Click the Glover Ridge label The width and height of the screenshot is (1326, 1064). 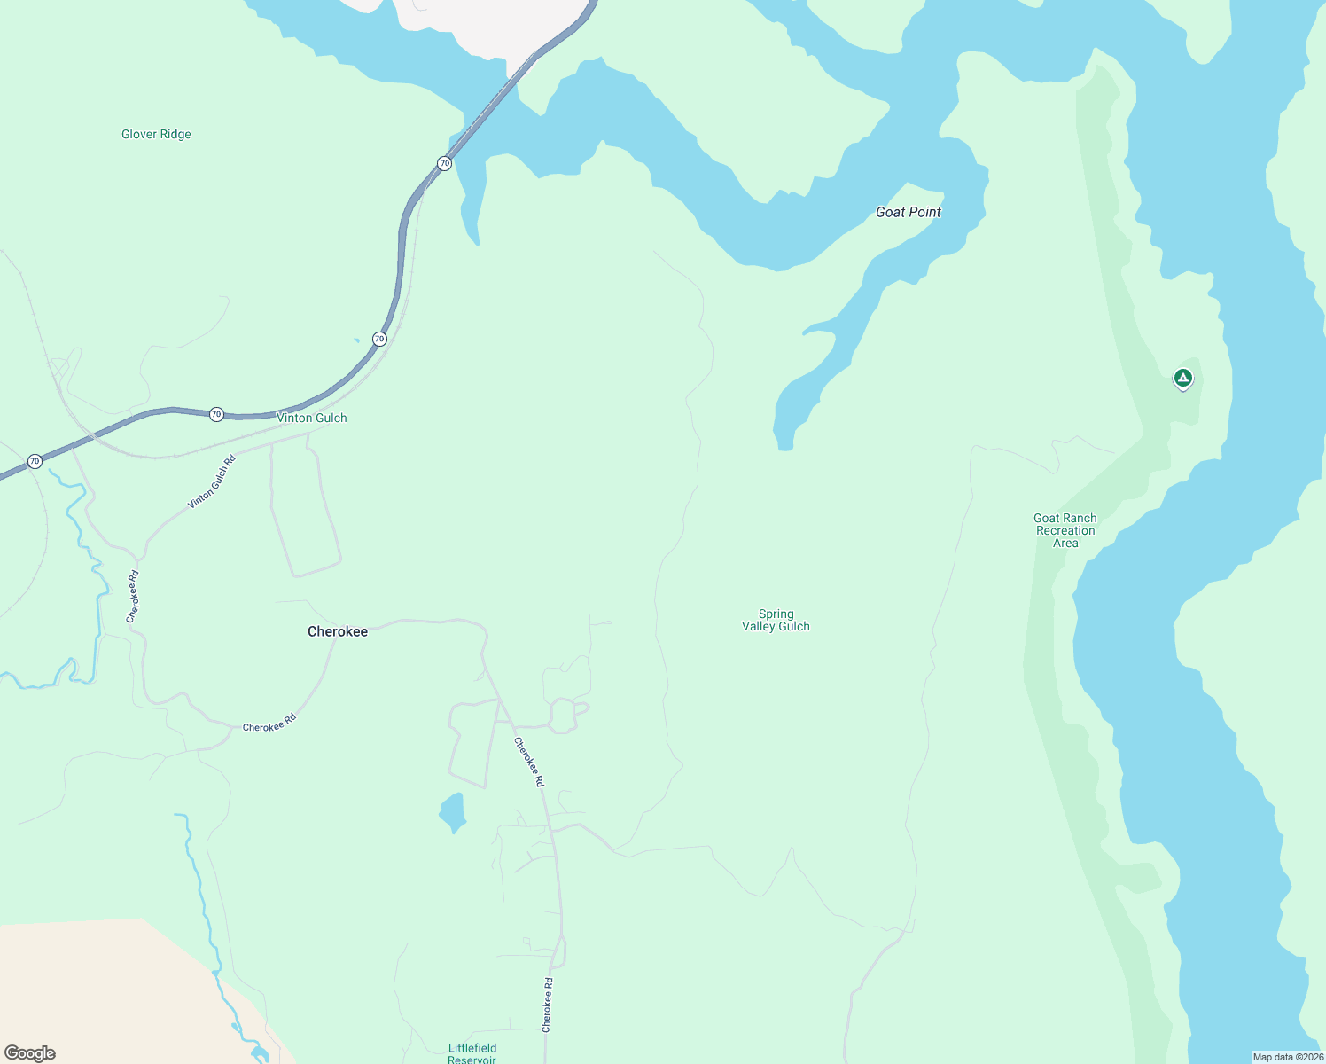(x=156, y=135)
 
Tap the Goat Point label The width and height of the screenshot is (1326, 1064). (x=908, y=212)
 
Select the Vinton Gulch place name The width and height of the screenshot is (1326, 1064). (x=311, y=418)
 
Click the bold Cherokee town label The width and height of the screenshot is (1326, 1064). (x=337, y=631)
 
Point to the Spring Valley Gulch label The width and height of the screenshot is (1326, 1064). (x=776, y=620)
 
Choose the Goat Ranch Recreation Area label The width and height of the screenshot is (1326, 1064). (x=1065, y=530)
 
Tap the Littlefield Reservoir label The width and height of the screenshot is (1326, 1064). (x=472, y=1052)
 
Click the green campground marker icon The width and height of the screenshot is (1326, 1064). (x=1182, y=379)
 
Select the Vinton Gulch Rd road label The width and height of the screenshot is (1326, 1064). (x=212, y=481)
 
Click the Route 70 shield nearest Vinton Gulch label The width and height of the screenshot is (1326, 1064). (x=216, y=414)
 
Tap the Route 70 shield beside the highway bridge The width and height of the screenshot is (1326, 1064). (x=444, y=163)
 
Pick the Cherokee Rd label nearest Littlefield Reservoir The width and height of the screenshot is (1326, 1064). (x=548, y=1005)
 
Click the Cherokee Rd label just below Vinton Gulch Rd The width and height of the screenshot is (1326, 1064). (x=133, y=596)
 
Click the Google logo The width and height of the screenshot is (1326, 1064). (x=30, y=1053)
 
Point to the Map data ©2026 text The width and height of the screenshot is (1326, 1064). (x=1287, y=1057)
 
